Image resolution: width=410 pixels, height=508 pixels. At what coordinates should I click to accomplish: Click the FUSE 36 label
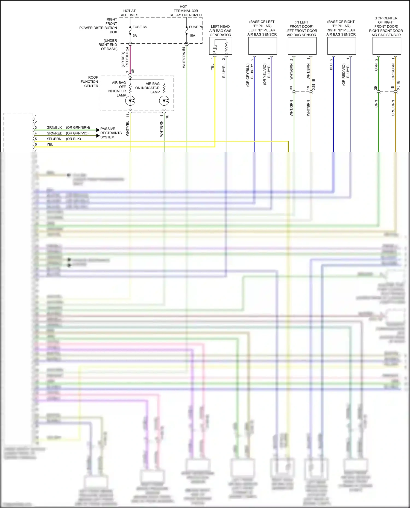139,27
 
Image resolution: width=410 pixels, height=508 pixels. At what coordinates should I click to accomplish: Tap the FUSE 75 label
196,27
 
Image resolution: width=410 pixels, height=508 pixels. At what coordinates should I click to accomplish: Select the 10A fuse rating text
192,35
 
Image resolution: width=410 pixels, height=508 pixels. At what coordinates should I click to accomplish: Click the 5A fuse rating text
135,35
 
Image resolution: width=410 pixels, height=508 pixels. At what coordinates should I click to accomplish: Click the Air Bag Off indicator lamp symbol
130,101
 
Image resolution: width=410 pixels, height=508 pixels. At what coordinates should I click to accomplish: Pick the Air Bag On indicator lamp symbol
164,101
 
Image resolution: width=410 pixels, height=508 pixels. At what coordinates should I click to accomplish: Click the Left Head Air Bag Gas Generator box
221,46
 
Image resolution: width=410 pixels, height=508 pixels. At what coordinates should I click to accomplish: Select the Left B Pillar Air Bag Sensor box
262,46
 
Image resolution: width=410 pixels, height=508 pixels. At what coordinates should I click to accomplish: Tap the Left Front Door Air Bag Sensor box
302,46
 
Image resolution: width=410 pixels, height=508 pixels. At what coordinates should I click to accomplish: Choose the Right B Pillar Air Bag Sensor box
341,46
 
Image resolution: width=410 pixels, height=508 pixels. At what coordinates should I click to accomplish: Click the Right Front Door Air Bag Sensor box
386,46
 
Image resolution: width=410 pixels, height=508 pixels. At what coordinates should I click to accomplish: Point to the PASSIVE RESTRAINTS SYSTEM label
111,133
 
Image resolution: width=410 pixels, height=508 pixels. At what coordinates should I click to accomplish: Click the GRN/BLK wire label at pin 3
54,127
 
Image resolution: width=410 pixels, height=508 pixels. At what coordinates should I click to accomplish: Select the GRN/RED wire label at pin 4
54,133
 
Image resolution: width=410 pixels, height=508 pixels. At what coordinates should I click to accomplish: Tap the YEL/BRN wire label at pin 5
54,139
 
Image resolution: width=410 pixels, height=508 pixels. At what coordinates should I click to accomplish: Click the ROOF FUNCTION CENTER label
90,82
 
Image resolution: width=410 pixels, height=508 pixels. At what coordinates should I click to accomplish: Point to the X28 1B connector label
314,84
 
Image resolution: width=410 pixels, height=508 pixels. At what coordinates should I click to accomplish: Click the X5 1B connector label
398,85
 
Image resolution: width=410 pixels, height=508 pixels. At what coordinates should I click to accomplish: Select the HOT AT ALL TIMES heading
130,13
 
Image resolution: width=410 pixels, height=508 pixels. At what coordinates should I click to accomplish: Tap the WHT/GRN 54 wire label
184,57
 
